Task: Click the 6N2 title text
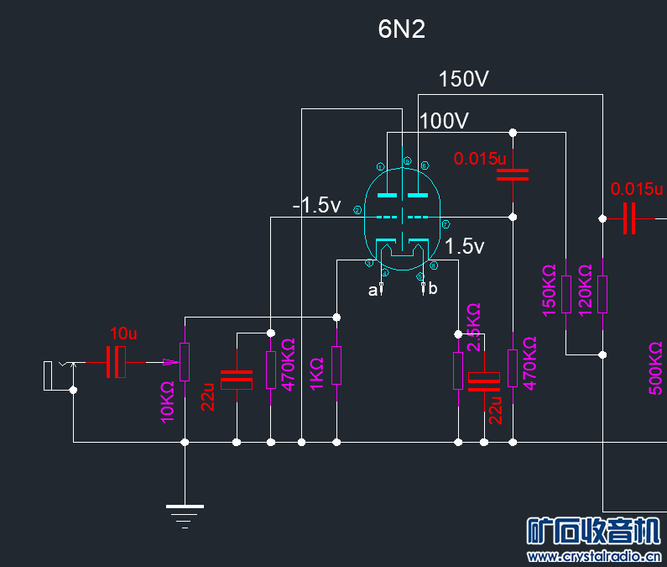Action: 402,30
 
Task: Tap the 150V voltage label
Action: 463,80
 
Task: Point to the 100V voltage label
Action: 444,121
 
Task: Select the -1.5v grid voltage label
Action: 316,206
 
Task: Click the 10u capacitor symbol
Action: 116,362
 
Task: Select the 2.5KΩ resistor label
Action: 474,328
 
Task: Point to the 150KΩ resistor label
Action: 550,290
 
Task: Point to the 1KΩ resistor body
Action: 336,365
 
